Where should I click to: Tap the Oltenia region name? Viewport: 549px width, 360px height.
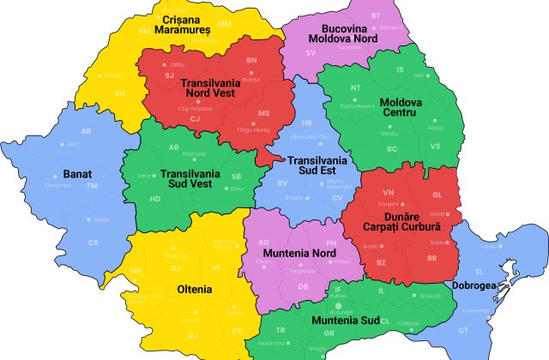pyautogui.click(x=194, y=289)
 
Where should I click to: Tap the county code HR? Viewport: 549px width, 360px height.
pyautogui.click(x=307, y=123)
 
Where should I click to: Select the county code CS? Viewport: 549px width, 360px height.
pyautogui.click(x=94, y=243)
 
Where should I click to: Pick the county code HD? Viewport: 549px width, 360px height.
pyautogui.click(x=155, y=199)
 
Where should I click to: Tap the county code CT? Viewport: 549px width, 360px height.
pyautogui.click(x=463, y=330)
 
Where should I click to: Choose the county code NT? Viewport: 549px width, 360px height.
pyautogui.click(x=356, y=87)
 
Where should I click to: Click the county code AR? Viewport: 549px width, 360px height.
pyautogui.click(x=86, y=131)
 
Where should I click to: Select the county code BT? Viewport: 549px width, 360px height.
pyautogui.click(x=376, y=16)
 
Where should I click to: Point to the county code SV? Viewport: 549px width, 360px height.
pyautogui.click(x=311, y=52)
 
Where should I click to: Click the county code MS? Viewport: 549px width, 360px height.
pyautogui.click(x=264, y=113)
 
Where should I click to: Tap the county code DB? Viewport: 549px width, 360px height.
pyautogui.click(x=303, y=285)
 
